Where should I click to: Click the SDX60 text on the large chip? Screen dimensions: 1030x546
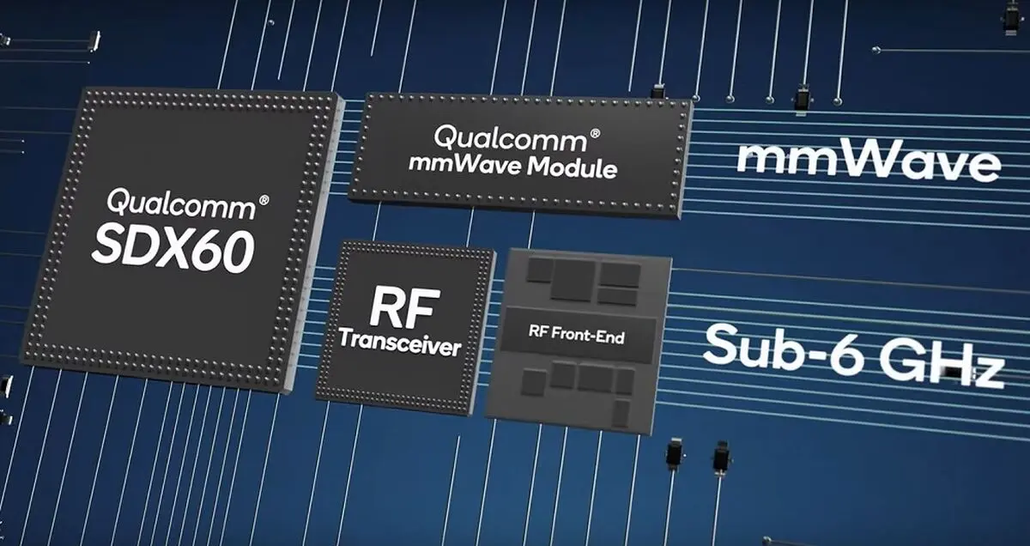[173, 251]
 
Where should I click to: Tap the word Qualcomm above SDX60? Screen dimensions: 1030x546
[182, 203]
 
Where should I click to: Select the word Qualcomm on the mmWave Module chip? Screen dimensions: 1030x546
[510, 139]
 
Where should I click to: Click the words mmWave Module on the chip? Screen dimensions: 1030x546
[512, 167]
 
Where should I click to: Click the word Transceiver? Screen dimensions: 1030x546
[400, 343]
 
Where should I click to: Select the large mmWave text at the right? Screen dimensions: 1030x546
[868, 161]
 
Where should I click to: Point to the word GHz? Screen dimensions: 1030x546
[942, 364]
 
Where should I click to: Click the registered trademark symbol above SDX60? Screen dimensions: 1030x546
[264, 200]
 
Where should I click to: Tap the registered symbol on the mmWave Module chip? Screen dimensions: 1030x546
[595, 134]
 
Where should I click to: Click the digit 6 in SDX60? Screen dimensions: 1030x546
[205, 252]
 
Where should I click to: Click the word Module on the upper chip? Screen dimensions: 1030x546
[572, 168]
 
